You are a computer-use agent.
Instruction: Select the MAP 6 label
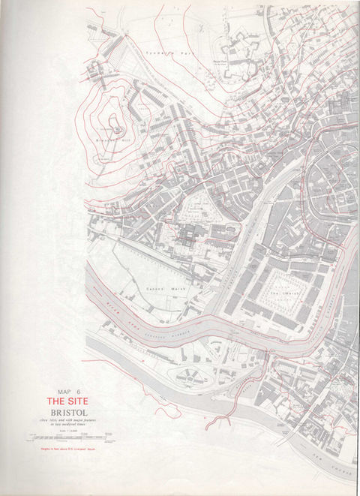[67, 391]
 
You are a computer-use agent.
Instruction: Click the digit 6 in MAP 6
[78, 391]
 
